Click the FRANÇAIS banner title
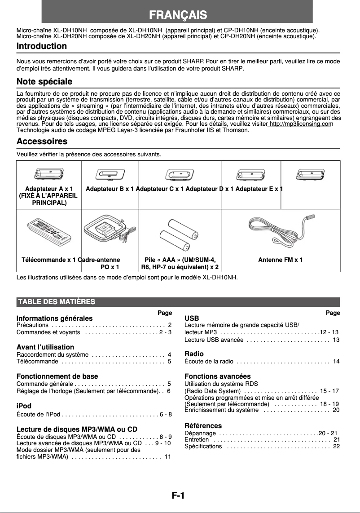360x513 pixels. coord(178,15)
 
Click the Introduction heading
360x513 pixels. coord(42,46)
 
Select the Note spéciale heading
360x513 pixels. coord(44,82)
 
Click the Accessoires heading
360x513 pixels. coord(42,142)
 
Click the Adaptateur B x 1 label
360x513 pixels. coord(110,189)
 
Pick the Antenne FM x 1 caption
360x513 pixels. coord(280,260)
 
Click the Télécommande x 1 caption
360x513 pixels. coord(48,260)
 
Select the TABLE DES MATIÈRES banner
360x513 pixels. coord(56,301)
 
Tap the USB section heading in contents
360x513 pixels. coord(192,318)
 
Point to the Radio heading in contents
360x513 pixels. coord(194,354)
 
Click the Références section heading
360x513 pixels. coord(203,425)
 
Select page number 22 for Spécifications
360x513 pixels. coord(336,446)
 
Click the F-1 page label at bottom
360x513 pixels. coord(178,495)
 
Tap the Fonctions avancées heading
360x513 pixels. coord(218,376)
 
